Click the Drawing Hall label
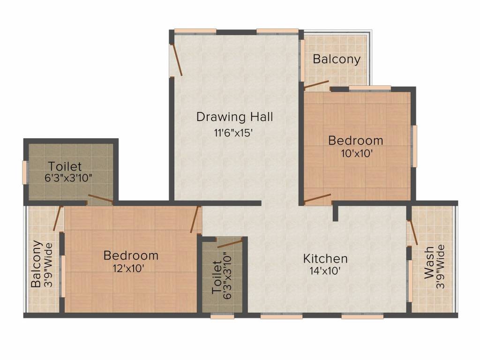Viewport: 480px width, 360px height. [x=234, y=117]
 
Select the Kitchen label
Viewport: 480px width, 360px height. [x=325, y=259]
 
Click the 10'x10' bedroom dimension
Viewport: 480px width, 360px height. [x=357, y=153]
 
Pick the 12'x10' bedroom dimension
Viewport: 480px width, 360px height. [x=128, y=269]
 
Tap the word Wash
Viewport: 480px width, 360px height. [x=429, y=262]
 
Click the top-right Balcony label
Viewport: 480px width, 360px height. [x=337, y=59]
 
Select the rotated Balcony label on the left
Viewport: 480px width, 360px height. [x=36, y=264]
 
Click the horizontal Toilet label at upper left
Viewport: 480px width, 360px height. [x=65, y=166]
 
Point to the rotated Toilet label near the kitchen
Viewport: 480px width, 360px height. [x=217, y=277]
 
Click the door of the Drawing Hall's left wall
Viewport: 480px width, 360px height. [x=177, y=60]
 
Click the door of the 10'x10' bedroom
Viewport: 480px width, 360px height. [x=318, y=198]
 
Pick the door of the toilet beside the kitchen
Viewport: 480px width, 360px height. [x=230, y=244]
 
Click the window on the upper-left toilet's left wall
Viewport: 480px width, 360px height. [x=24, y=172]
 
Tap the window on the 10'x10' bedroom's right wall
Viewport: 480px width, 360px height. [x=414, y=146]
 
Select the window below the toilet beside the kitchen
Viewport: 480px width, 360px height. [x=223, y=316]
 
